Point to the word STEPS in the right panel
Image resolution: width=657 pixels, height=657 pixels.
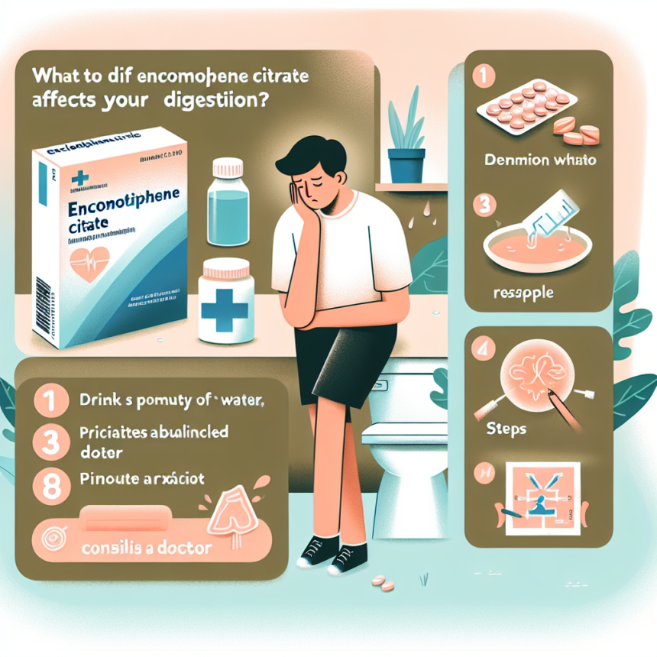pyautogui.click(x=506, y=429)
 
